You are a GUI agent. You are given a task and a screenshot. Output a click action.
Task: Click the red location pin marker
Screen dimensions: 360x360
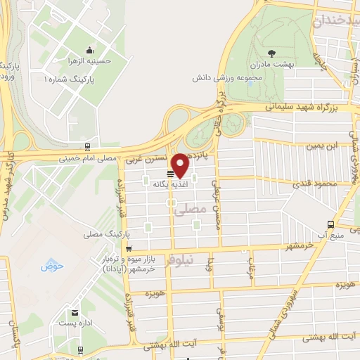181,165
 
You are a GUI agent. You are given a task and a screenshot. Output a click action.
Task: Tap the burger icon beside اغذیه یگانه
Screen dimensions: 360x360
170,174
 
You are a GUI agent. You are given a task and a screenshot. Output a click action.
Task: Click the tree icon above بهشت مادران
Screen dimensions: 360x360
271,52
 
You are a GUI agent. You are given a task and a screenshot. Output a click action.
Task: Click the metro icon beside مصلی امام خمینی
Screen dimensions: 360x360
86,148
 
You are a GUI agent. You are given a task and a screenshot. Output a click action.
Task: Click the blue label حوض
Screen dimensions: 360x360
52,266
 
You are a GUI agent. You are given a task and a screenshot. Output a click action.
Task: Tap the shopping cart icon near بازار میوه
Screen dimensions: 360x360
128,249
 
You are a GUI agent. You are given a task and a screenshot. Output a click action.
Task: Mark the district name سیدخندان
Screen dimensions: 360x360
336,21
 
